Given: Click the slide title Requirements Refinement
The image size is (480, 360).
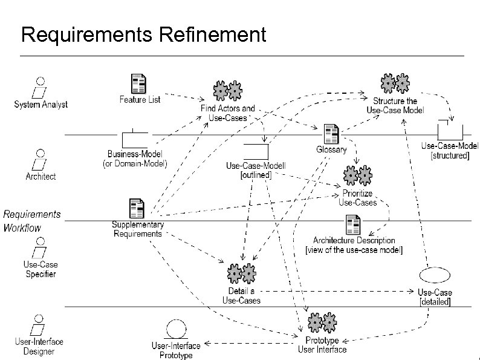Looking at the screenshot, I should click(x=143, y=34).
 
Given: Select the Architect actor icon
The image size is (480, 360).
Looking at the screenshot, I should click(x=41, y=160).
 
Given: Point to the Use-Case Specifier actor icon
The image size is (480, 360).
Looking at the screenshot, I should click(x=41, y=249).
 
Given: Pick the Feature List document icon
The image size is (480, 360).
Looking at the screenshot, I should click(x=139, y=84).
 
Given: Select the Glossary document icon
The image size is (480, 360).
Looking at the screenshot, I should click(x=331, y=134).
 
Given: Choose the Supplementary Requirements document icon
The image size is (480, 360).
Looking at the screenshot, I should click(x=137, y=209).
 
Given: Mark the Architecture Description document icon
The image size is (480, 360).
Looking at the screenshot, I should click(x=353, y=225).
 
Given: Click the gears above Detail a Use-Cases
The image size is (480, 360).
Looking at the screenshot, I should click(x=241, y=274).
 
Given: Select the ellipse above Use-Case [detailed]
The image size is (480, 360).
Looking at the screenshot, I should click(x=434, y=276).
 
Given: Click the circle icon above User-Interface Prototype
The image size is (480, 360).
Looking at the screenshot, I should click(x=176, y=330).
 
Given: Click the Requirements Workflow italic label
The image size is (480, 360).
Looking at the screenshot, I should click(x=31, y=221).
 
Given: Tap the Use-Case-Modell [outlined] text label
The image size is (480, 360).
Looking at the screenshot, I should click(x=256, y=170).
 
